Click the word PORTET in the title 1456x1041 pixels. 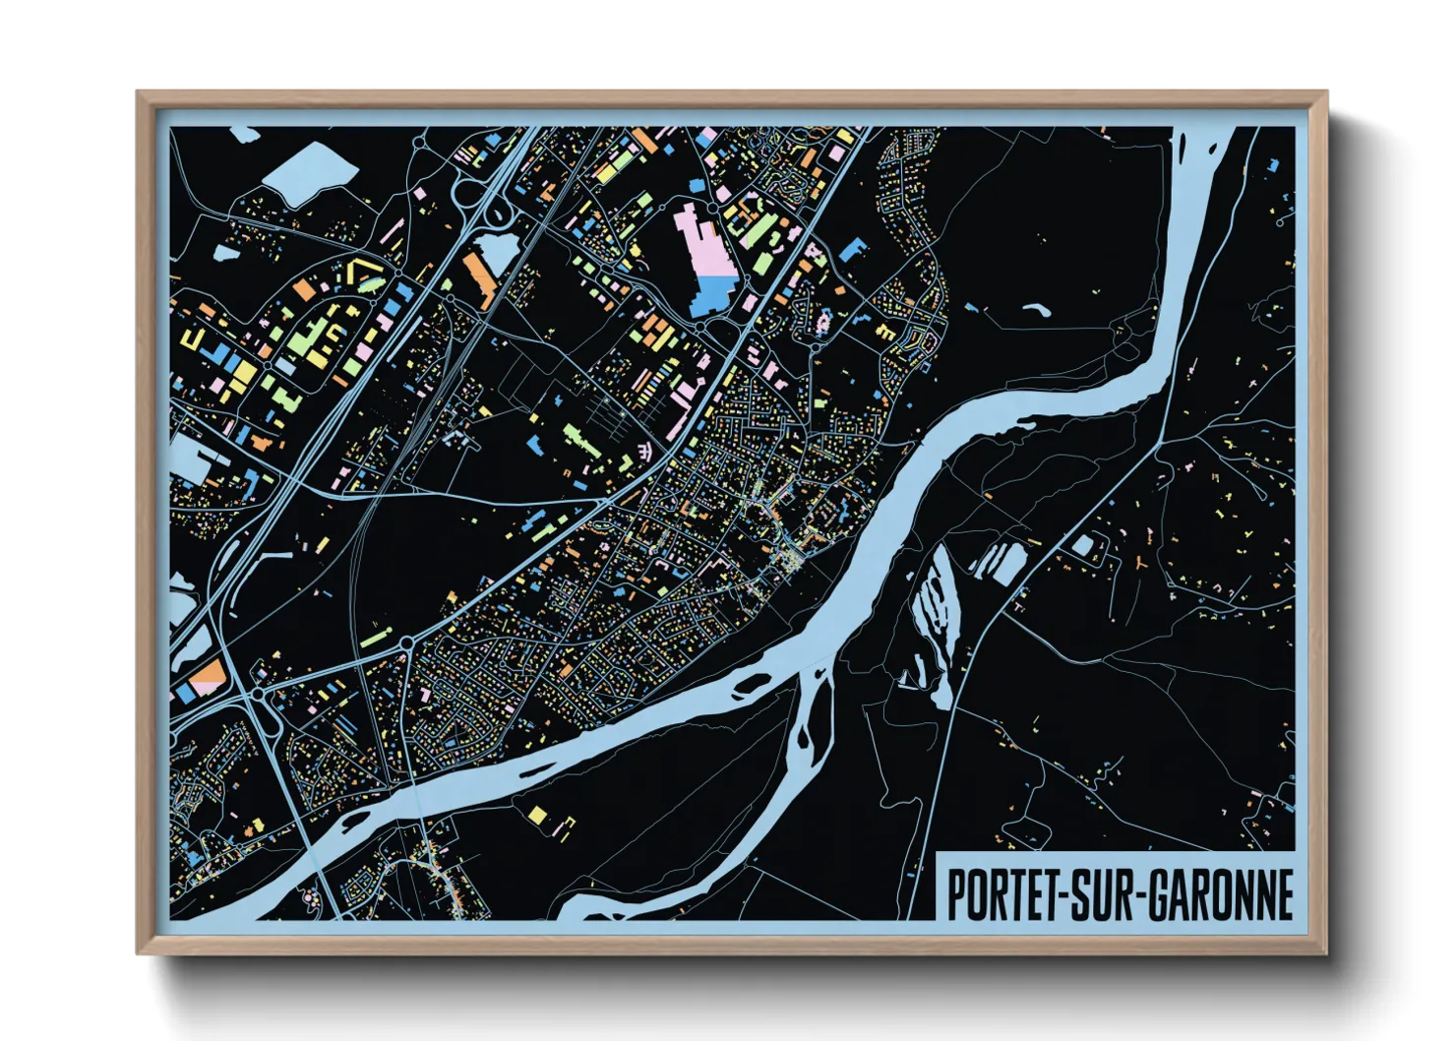point(998,894)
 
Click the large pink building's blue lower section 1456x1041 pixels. point(711,295)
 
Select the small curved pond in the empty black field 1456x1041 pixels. point(1036,310)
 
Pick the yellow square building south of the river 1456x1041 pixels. point(537,815)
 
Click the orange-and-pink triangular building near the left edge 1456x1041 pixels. point(210,678)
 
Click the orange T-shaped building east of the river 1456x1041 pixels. point(1139,563)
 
